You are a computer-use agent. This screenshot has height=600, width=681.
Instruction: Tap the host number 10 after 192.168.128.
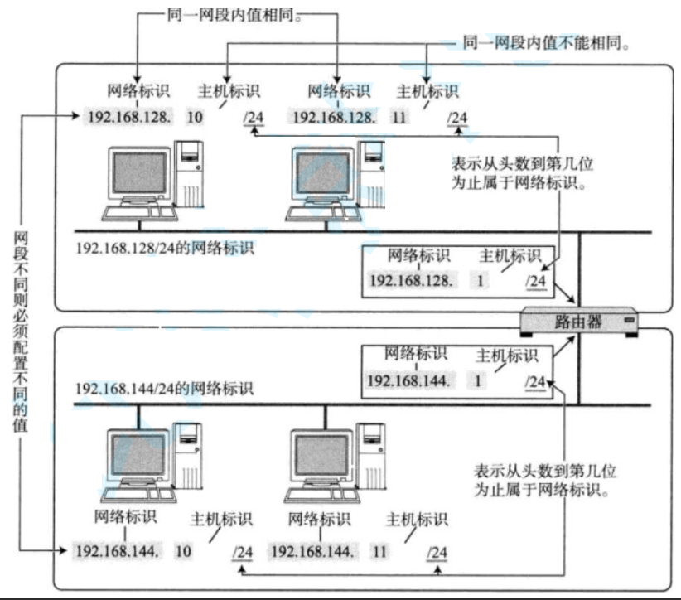[196, 117]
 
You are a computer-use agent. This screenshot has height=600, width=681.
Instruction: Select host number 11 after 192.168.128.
[399, 117]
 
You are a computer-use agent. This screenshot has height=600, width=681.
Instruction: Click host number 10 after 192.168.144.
[184, 550]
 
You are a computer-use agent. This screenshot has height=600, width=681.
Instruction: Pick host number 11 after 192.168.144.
[381, 550]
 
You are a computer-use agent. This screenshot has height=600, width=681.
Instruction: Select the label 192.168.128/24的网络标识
[164, 247]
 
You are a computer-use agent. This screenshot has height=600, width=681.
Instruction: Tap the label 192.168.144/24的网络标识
[164, 388]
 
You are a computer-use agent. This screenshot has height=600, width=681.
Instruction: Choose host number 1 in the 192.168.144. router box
[480, 381]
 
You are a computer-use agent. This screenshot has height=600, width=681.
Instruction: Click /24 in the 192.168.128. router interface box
[536, 281]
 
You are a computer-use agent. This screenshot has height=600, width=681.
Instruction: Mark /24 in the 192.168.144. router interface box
[536, 382]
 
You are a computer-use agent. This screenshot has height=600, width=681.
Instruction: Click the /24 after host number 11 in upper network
[457, 118]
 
